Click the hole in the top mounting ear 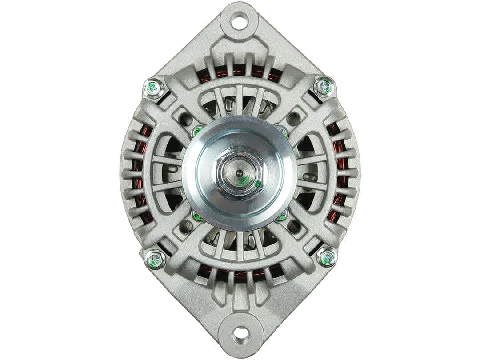(240, 20)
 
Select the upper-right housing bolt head (324, 86)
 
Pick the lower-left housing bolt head (156, 259)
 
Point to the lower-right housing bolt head (327, 257)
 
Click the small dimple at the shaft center (239, 173)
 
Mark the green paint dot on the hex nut (257, 184)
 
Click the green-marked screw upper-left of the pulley (197, 131)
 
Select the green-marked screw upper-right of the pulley (282, 130)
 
